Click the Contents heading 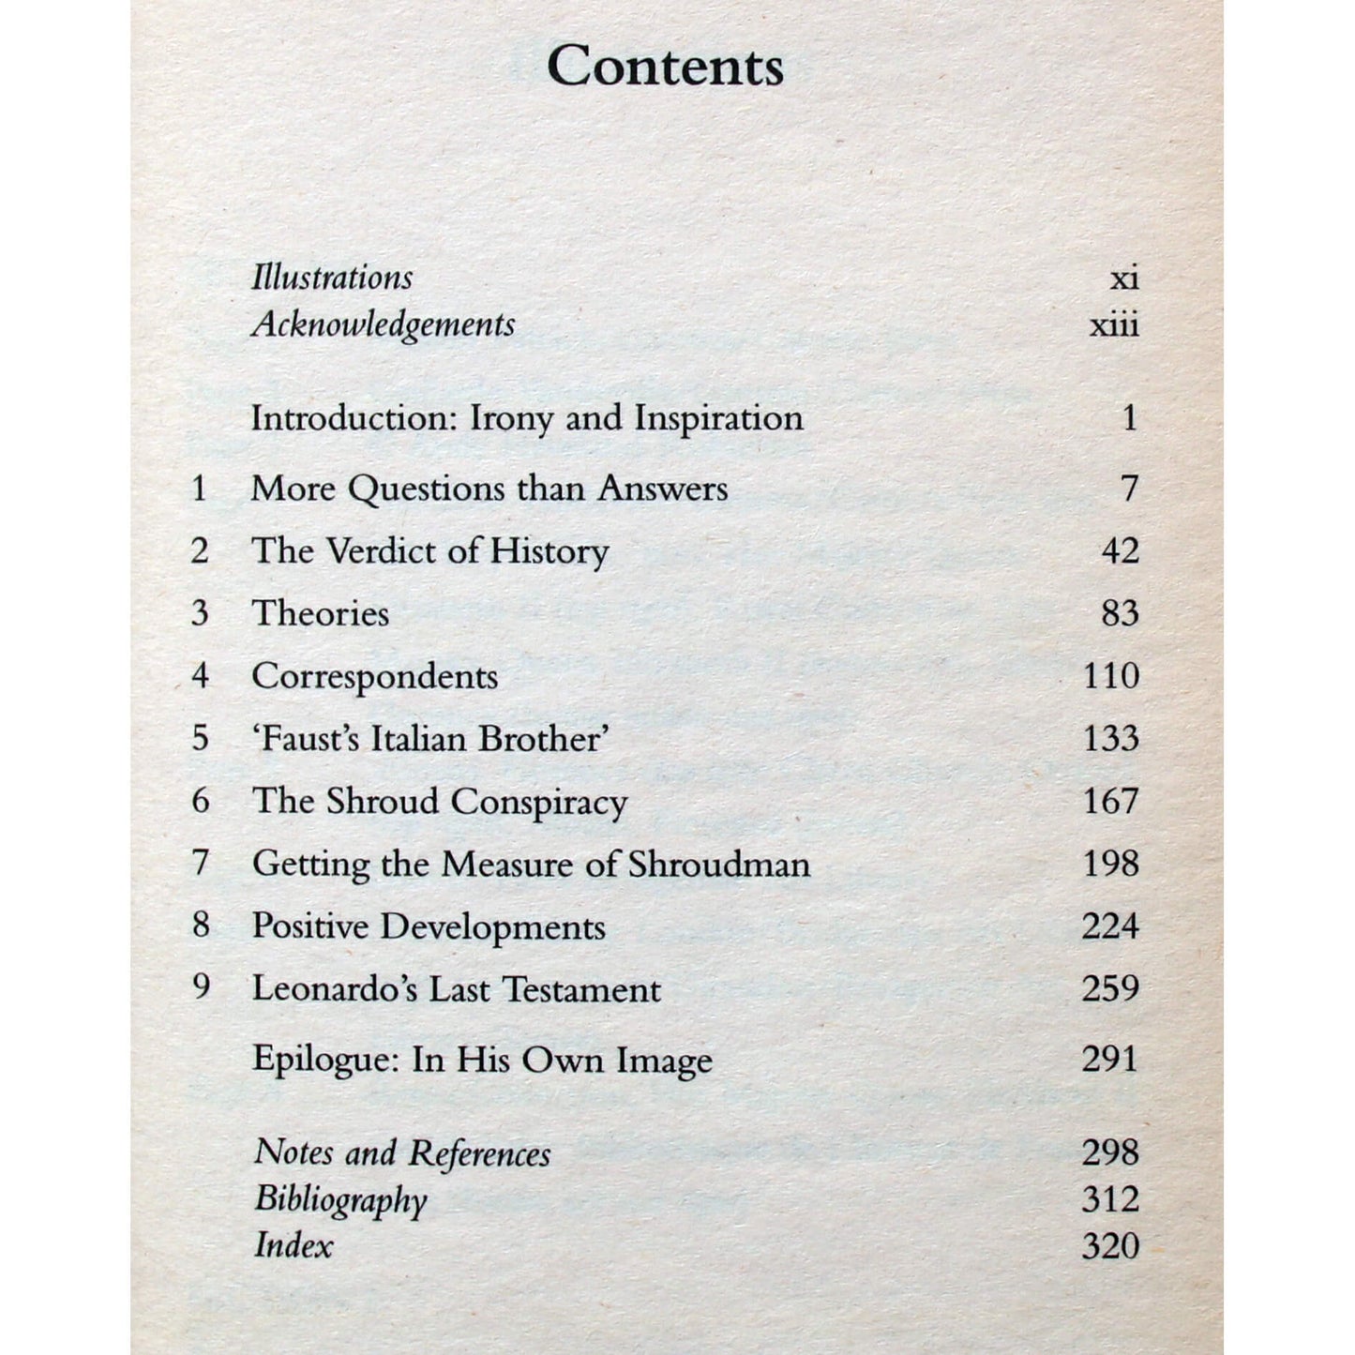click(665, 67)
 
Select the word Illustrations click(332, 278)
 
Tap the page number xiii click(1114, 325)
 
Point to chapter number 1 click(199, 489)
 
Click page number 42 click(1120, 550)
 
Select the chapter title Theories click(320, 613)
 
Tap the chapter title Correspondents click(374, 677)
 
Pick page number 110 click(1111, 676)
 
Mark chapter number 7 click(200, 863)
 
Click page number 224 click(1110, 926)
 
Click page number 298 click(1110, 1152)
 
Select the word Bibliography click(340, 1200)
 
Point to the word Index click(294, 1246)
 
